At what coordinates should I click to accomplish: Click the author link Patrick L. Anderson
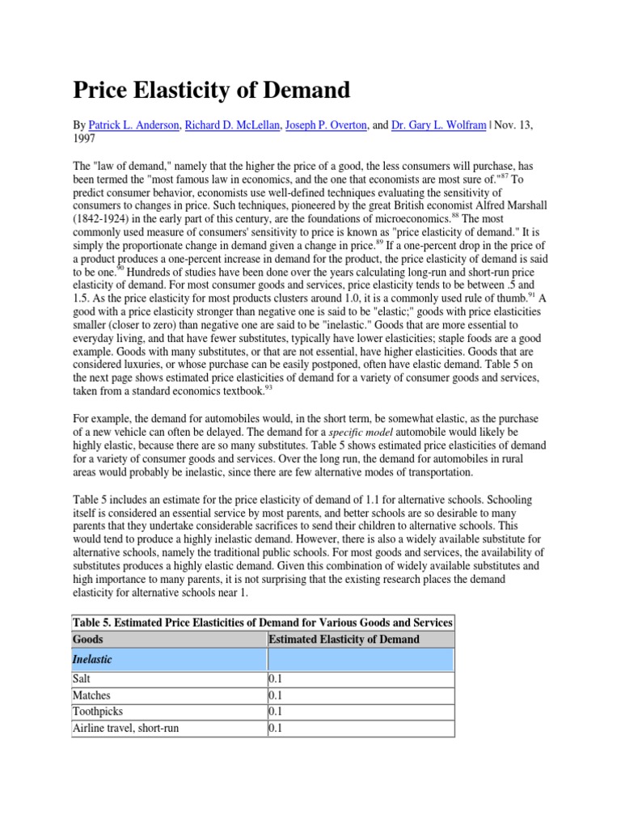pos(134,126)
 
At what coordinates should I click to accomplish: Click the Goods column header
pos(87,639)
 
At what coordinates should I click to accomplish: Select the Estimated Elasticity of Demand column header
pos(344,639)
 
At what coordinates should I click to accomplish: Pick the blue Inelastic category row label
pos(92,660)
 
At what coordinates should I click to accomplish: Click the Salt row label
pos(82,680)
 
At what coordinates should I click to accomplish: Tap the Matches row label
pos(91,695)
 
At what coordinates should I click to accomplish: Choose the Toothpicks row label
pos(97,712)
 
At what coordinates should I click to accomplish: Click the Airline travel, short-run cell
pos(125,728)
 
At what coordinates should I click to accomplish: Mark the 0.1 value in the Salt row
pos(276,680)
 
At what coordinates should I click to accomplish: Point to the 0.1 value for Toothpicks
pos(276,712)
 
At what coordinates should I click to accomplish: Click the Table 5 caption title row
pos(263,622)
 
